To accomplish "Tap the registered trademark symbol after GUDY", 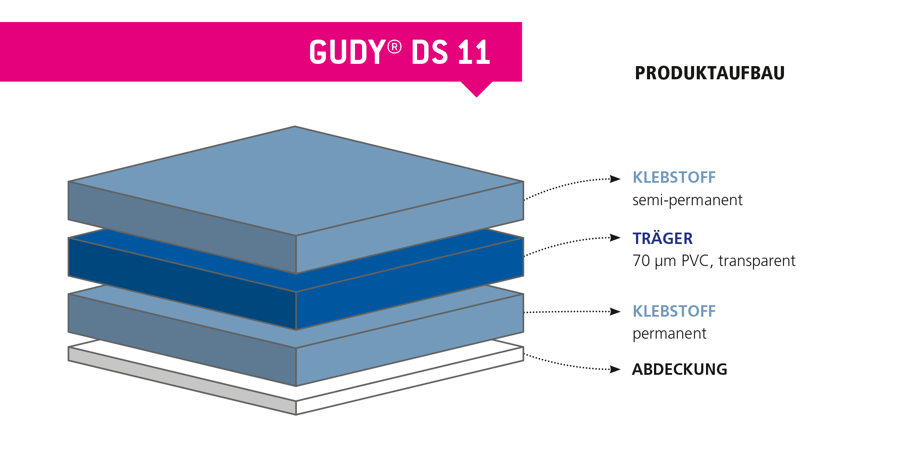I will tap(395, 47).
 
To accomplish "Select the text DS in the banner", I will tap(429, 52).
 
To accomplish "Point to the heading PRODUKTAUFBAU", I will tap(710, 73).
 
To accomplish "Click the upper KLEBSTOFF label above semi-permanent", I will tap(674, 177).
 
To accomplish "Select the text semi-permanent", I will tap(687, 200).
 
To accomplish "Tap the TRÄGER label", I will tap(662, 239).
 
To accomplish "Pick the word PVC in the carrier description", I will tap(695, 261).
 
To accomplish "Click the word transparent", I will tap(757, 261).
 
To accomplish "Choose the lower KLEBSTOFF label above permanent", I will tap(674, 311).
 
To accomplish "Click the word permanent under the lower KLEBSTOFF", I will tap(669, 334).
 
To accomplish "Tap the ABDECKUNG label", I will tap(679, 369).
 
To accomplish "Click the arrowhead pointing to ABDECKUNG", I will tap(615, 369).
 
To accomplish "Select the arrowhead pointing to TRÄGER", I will tap(615, 238).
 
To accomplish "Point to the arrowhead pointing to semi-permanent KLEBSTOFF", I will tap(615, 179).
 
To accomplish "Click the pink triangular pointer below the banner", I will tap(477, 89).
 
